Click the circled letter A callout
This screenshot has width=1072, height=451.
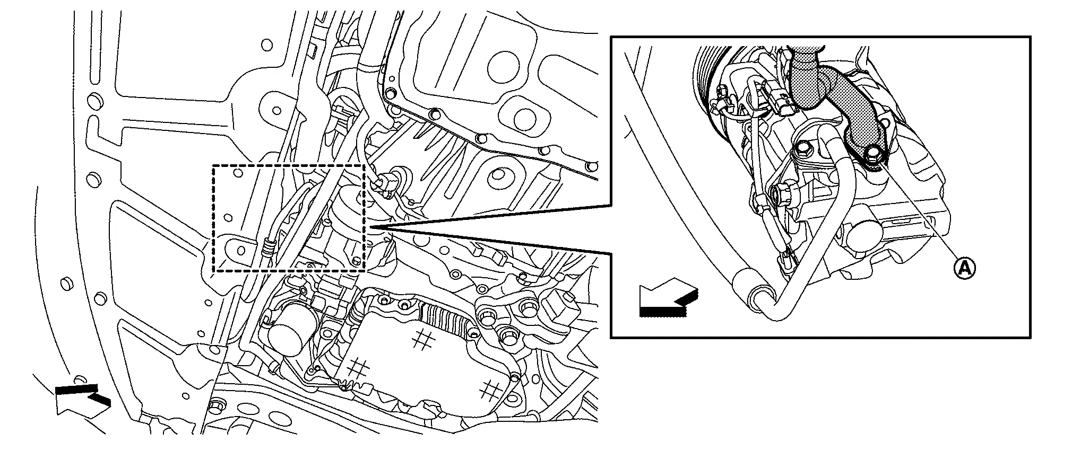pyautogui.click(x=964, y=269)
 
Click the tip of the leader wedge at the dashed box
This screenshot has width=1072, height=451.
pyautogui.click(x=369, y=228)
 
